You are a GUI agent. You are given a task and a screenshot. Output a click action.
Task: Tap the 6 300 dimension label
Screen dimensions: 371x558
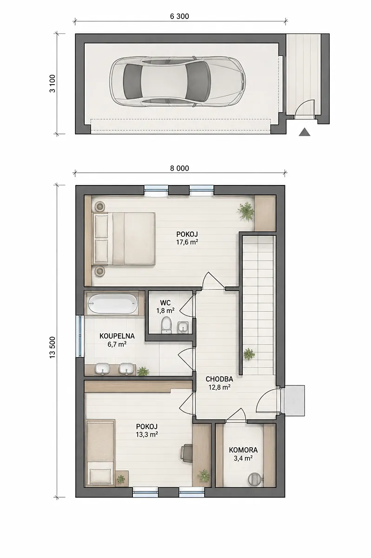[179, 16]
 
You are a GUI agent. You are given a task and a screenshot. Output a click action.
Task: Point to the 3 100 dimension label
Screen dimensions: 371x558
[53, 83]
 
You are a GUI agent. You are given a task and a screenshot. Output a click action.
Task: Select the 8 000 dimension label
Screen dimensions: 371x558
[179, 168]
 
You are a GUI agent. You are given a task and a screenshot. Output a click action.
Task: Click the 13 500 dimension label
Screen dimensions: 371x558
[53, 347]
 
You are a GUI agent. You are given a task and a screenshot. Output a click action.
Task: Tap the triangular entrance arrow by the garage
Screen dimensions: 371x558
[305, 132]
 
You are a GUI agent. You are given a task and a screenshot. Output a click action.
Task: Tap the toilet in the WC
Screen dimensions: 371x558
[166, 325]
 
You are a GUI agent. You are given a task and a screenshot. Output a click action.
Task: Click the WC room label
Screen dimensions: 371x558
[166, 303]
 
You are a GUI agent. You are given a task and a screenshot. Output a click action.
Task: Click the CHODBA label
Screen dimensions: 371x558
[219, 379]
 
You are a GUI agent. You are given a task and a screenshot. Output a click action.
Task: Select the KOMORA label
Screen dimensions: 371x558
[243, 450]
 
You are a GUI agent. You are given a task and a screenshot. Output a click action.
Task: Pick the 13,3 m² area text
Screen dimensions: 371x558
[147, 435]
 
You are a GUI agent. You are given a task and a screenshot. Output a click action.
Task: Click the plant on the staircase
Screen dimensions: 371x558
[249, 354]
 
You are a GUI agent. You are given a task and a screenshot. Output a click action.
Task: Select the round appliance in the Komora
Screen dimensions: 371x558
[255, 479]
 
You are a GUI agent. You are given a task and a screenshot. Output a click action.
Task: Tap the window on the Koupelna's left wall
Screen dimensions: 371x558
[79, 336]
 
